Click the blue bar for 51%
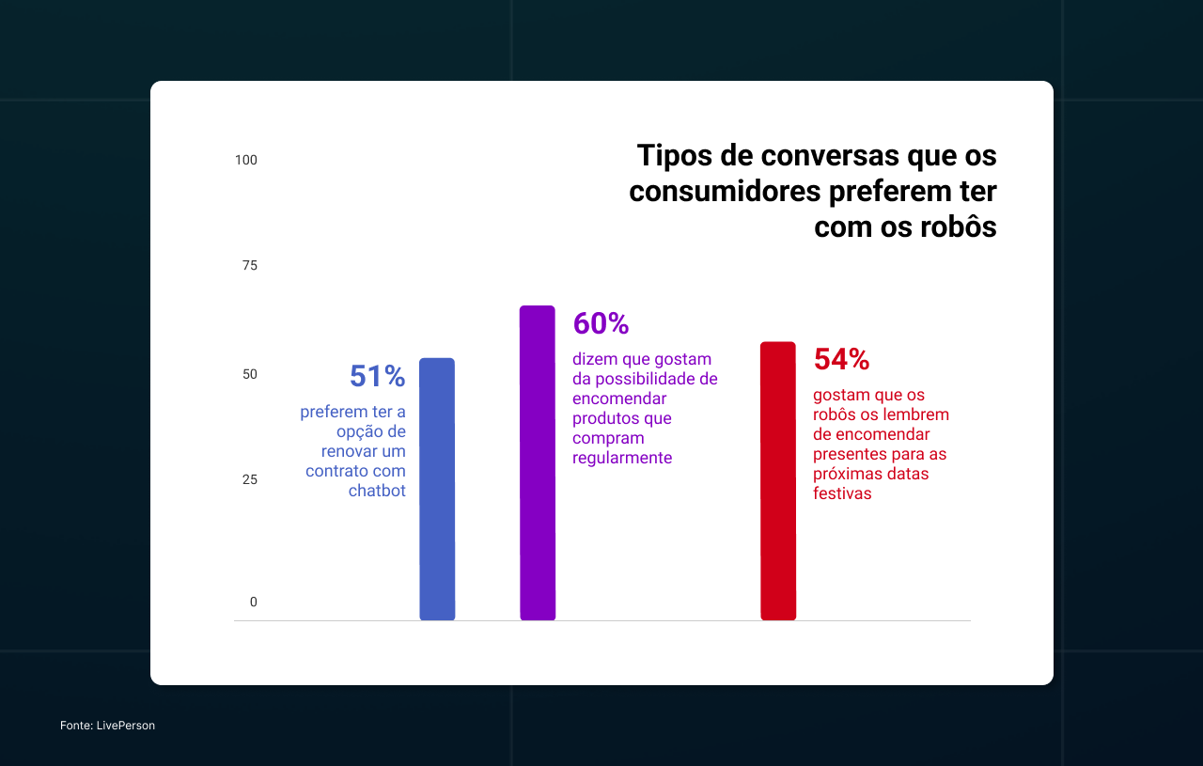pos(437,489)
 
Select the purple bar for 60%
pos(538,463)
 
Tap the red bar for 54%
pos(778,481)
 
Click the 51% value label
pos(377,376)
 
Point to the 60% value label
pos(601,323)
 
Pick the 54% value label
pos(841,359)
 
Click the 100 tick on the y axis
pos(246,160)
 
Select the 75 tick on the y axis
pos(250,266)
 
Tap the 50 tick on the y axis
pos(250,374)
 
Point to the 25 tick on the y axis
pos(250,479)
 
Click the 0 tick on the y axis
pos(253,602)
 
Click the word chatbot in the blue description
pos(377,491)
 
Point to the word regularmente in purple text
pos(622,458)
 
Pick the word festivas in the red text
pos(842,493)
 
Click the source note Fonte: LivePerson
pos(107,726)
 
